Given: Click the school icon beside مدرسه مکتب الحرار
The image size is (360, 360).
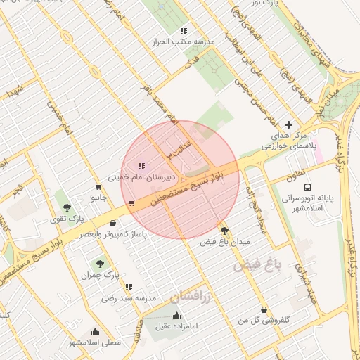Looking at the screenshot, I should [184, 31].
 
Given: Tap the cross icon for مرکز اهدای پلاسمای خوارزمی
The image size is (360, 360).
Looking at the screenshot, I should [288, 124].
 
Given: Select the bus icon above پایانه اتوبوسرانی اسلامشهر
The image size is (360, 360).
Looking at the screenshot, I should [307, 187].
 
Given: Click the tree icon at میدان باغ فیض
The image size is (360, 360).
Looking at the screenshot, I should [224, 230].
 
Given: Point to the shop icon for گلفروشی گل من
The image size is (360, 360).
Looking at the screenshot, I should [264, 309].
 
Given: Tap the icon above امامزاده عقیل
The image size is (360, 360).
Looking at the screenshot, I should [176, 315].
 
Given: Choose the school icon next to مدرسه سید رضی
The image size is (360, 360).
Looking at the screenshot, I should [129, 287].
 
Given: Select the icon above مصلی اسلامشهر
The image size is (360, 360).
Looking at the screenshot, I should [95, 331].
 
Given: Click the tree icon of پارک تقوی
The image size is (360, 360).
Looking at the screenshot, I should [67, 207].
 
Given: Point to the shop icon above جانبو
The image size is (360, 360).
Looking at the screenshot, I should [96, 187].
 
